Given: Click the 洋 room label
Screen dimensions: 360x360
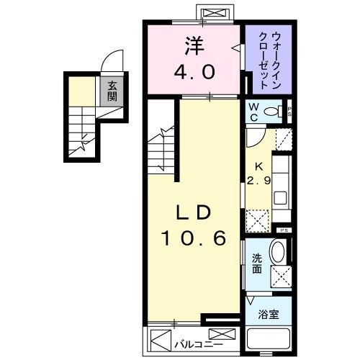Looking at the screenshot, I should (x=194, y=47).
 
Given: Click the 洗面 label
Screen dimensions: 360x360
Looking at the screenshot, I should (x=256, y=264).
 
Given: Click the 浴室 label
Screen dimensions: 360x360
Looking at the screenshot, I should (x=268, y=315).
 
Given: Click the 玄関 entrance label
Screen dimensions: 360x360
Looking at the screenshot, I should (x=112, y=91).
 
